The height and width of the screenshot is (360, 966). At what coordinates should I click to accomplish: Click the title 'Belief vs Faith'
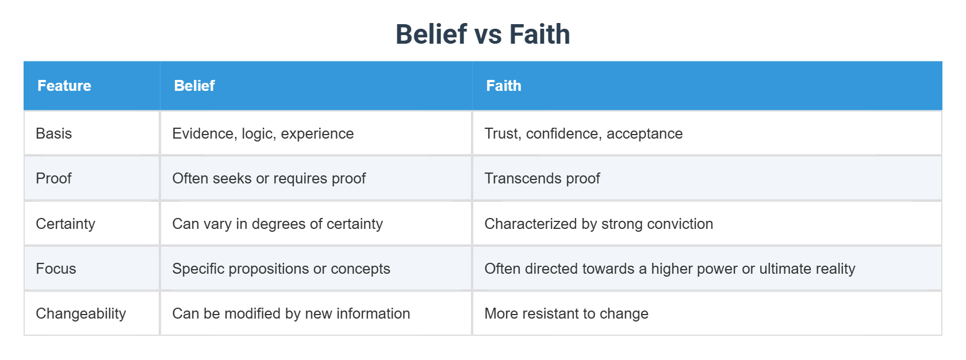tap(482, 34)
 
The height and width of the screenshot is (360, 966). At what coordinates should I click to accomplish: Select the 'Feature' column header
tap(64, 86)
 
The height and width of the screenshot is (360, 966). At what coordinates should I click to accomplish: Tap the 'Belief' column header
tap(194, 86)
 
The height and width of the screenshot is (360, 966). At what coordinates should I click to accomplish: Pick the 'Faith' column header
tap(504, 86)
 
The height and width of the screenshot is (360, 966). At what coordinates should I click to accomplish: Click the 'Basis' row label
tap(54, 133)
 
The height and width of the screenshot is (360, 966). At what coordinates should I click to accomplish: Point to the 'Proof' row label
tap(53, 178)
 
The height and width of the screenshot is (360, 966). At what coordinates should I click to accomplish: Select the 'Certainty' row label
tap(66, 224)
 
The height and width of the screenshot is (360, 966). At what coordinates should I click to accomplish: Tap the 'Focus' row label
tap(56, 269)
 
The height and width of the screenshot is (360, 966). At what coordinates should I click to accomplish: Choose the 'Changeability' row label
tap(81, 313)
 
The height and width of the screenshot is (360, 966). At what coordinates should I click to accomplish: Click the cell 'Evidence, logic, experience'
tap(263, 133)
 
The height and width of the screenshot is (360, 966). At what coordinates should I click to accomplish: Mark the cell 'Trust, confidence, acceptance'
tap(584, 133)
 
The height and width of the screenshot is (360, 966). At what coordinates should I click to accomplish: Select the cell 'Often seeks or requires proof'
tap(269, 178)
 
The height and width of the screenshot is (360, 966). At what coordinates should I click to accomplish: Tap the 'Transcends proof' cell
tap(542, 178)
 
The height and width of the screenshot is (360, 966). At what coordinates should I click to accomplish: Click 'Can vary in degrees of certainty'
tap(278, 224)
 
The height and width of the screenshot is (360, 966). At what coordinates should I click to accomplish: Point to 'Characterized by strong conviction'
tap(599, 224)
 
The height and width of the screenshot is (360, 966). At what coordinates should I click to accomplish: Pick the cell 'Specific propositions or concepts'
tap(281, 269)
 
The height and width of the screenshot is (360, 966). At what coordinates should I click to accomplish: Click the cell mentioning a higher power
tap(670, 269)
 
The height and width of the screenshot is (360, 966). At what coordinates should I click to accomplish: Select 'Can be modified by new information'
tap(291, 313)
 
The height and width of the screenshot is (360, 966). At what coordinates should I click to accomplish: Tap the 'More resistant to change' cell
tap(566, 313)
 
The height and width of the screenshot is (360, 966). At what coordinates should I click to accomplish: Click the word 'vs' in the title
tap(488, 35)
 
